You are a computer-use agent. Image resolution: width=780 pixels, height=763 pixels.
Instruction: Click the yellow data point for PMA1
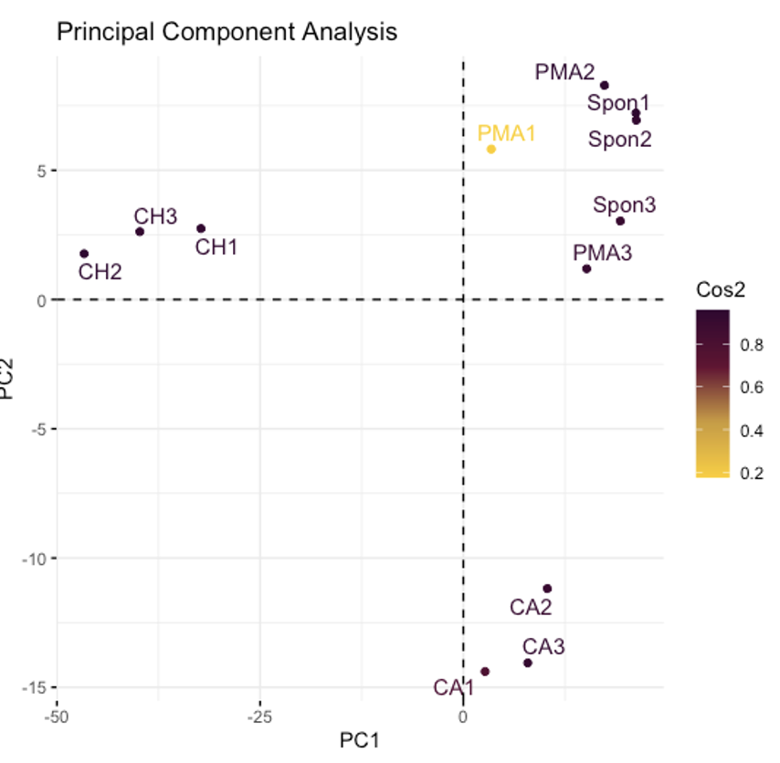point(491,149)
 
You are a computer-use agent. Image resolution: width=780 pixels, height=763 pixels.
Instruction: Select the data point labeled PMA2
point(605,86)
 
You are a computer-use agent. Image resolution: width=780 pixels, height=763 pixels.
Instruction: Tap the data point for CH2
point(84,254)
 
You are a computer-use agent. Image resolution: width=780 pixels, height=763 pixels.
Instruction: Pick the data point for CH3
point(140,232)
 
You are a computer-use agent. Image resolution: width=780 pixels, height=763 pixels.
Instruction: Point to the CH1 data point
point(201,228)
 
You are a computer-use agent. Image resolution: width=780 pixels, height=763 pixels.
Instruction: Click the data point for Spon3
point(620,221)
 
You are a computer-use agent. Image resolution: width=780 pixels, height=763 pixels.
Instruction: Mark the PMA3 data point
point(586,268)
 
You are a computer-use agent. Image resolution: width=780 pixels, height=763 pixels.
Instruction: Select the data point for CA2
point(547,589)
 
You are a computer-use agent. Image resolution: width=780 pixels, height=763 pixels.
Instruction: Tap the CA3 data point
point(528,663)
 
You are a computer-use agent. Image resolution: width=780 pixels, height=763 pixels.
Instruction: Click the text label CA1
point(453,687)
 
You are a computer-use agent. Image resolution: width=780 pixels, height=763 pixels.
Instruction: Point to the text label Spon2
point(620,140)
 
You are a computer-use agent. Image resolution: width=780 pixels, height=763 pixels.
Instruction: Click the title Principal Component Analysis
point(227,32)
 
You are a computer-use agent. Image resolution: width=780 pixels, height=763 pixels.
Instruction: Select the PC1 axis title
point(359,740)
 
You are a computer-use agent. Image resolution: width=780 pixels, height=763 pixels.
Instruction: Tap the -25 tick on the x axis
point(259,716)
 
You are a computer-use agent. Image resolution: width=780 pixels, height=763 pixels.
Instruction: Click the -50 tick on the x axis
point(58,716)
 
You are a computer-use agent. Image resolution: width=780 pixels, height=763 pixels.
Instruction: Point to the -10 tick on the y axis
point(33,558)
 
